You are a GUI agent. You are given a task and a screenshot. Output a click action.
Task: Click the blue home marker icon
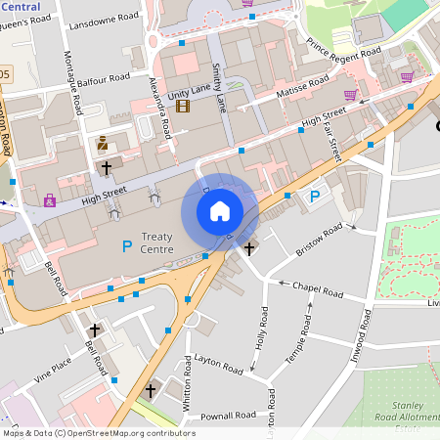[220, 211]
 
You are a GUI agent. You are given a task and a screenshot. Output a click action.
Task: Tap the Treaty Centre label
[157, 242]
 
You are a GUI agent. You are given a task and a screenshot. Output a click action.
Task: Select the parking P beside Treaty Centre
[125, 245]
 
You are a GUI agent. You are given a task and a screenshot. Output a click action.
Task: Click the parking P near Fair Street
[315, 197]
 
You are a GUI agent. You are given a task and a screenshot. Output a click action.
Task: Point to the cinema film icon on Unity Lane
[183, 106]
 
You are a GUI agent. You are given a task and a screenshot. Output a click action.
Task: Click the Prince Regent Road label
[342, 56]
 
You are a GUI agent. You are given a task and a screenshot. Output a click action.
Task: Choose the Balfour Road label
[104, 77]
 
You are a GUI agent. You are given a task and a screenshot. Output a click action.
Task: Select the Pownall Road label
[213, 416]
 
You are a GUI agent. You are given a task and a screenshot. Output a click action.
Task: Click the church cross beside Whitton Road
[151, 390]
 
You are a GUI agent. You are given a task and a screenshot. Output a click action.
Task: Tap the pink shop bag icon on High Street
[49, 200]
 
